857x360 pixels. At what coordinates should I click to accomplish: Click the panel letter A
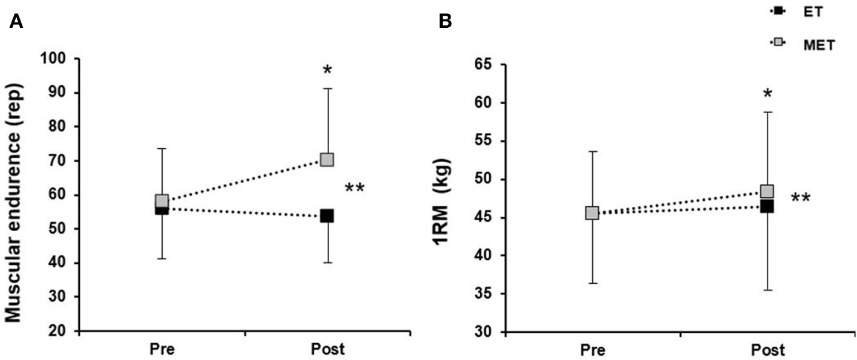(x=16, y=22)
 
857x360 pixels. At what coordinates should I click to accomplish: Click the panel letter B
(x=445, y=22)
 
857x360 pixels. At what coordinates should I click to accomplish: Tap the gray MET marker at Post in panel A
(x=327, y=160)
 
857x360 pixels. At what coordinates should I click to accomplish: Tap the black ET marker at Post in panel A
(x=327, y=216)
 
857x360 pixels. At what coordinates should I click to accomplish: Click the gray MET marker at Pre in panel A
(x=161, y=201)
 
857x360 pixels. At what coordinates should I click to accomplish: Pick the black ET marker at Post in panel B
(x=767, y=206)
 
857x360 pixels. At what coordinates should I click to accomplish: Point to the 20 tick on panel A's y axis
(x=55, y=331)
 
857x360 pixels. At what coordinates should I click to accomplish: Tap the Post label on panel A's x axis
(x=327, y=350)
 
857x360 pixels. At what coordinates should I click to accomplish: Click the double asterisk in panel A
(x=354, y=189)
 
